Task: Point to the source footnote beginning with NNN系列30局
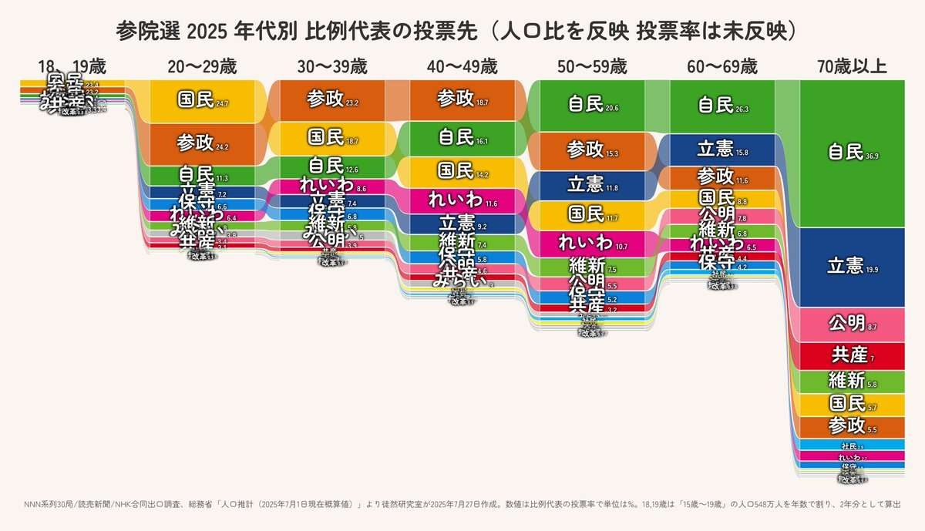[x=462, y=504]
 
